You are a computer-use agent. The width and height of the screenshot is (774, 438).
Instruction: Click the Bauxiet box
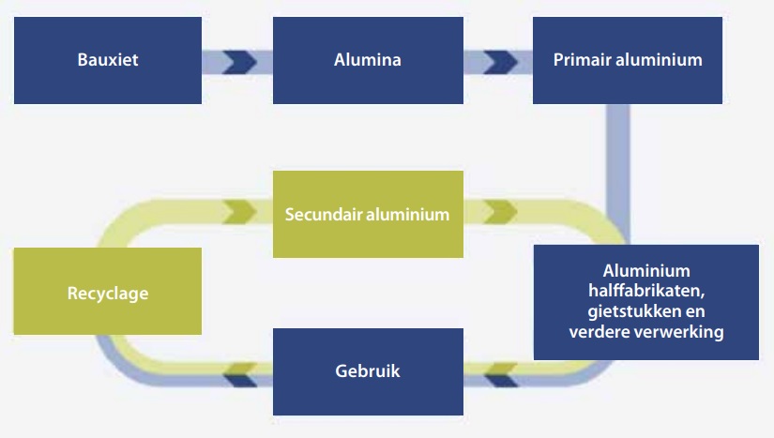pyautogui.click(x=108, y=60)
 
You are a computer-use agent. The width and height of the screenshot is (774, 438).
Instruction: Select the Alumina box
pyautogui.click(x=368, y=60)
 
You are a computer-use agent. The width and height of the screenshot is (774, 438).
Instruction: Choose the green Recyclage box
pyautogui.click(x=108, y=291)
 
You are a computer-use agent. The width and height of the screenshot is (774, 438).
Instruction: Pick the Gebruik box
pyautogui.click(x=368, y=372)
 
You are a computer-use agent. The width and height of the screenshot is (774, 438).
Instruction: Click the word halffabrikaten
pyautogui.click(x=646, y=291)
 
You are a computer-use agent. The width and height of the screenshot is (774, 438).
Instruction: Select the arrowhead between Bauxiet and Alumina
pyautogui.click(x=240, y=62)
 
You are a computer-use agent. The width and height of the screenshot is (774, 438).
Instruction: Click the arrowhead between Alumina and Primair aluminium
pyautogui.click(x=501, y=62)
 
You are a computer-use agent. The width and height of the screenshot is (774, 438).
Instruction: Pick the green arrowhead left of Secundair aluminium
pyautogui.click(x=240, y=212)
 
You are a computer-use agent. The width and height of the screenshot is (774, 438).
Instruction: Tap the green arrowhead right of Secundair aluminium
pyautogui.click(x=501, y=212)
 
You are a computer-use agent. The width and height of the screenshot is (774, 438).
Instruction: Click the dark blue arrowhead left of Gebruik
pyautogui.click(x=240, y=380)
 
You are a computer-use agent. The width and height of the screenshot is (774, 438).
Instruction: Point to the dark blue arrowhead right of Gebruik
pyautogui.click(x=502, y=380)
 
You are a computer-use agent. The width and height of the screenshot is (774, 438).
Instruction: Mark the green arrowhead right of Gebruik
pyautogui.click(x=502, y=369)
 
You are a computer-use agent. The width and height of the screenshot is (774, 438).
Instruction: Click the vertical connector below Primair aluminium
pyautogui.click(x=617, y=174)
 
